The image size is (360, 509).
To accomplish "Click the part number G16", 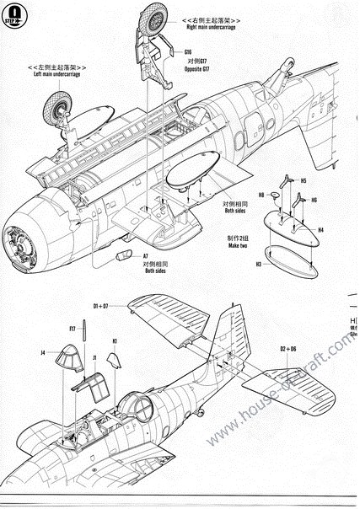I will pyautogui.click(x=187, y=53).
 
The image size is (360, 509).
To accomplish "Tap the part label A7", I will pyautogui.click(x=145, y=254).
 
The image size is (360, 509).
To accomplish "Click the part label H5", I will pyautogui.click(x=303, y=181).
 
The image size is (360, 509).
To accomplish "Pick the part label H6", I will pyautogui.click(x=313, y=201).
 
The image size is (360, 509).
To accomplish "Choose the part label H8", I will pyautogui.click(x=262, y=196).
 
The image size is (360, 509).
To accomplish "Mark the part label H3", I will pyautogui.click(x=260, y=264).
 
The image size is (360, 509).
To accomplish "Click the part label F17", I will pyautogui.click(x=73, y=329).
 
